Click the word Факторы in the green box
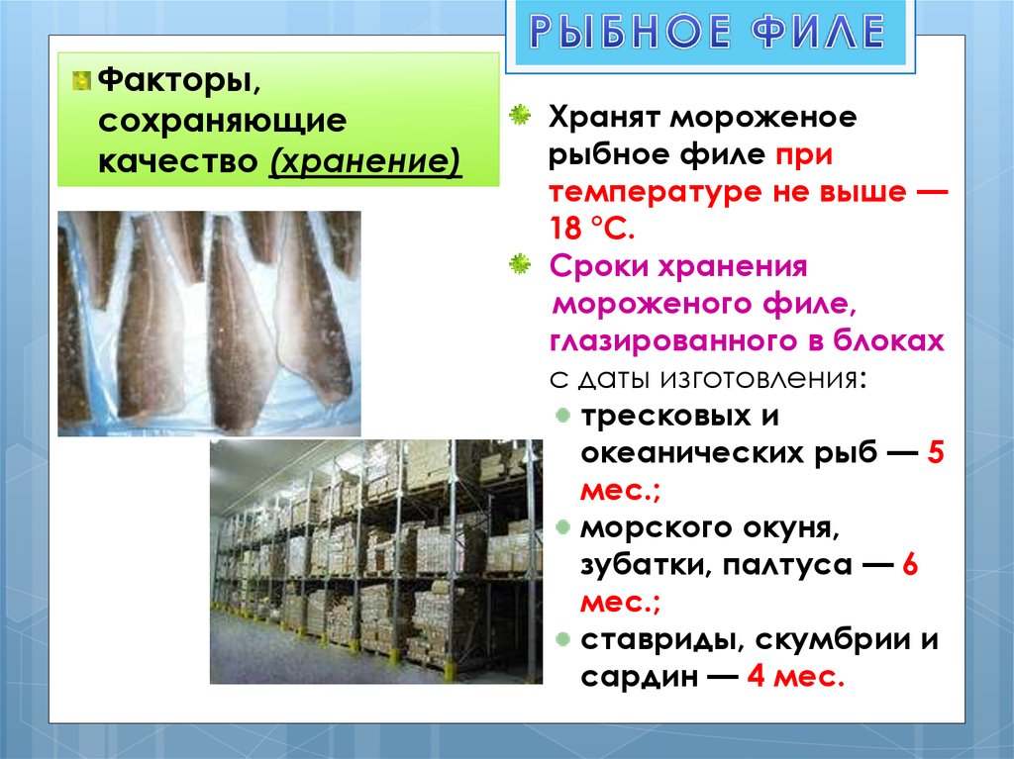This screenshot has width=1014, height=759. pyautogui.click(x=179, y=81)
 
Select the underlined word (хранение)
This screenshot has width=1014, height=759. pyautogui.click(x=365, y=159)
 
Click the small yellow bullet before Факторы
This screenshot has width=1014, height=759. pyautogui.click(x=81, y=81)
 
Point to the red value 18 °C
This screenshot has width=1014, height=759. pyautogui.click(x=592, y=229)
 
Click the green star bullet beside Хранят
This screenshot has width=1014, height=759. pyautogui.click(x=520, y=116)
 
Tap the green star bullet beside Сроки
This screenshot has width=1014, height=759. pyautogui.click(x=520, y=264)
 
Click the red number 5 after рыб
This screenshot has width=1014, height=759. pyautogui.click(x=935, y=452)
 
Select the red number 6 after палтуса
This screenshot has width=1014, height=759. pyautogui.click(x=909, y=565)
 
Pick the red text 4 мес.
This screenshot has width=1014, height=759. pyautogui.click(x=795, y=677)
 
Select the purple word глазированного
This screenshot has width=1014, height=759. pyautogui.click(x=673, y=341)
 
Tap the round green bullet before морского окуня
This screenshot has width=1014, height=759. pyautogui.click(x=563, y=527)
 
